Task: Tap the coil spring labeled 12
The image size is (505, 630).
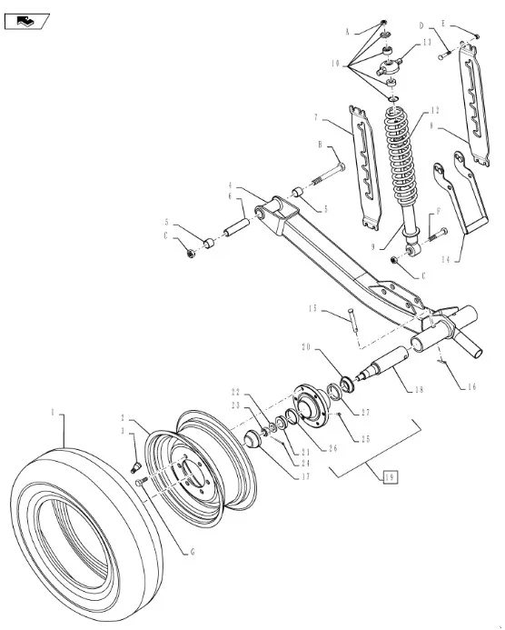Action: [399, 155]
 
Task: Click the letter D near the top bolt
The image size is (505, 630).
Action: [421, 26]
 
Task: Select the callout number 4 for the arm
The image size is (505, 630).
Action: [230, 186]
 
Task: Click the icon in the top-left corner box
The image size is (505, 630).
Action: [27, 19]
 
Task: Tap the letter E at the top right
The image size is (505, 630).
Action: [445, 23]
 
